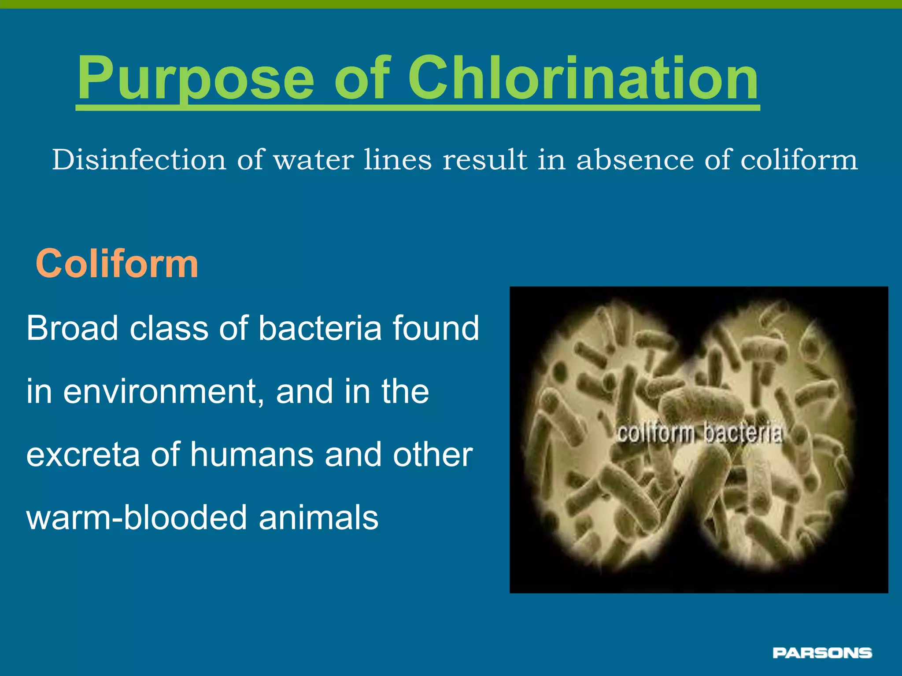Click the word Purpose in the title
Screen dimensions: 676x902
(x=196, y=79)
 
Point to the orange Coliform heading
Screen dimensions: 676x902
(x=117, y=264)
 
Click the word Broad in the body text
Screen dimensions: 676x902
(x=72, y=328)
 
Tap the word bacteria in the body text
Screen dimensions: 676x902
(x=320, y=328)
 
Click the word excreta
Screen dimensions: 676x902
(x=83, y=455)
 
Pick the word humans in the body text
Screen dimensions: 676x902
(x=252, y=455)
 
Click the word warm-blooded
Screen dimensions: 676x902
(x=137, y=518)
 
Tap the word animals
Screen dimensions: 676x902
(x=318, y=518)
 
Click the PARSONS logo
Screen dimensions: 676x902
(x=822, y=653)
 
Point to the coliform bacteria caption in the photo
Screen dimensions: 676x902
(x=699, y=434)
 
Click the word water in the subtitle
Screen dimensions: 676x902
(x=314, y=160)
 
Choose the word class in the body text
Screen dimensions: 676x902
(x=169, y=328)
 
